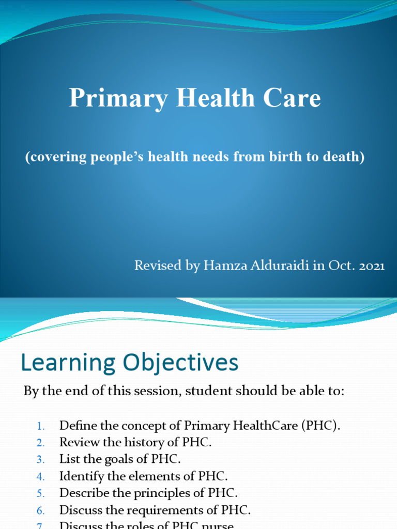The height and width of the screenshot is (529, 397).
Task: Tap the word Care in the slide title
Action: click(x=294, y=98)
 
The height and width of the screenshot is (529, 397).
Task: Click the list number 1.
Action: click(x=41, y=427)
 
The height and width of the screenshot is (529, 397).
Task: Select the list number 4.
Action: click(x=41, y=476)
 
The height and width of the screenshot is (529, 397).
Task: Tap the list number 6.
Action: click(x=41, y=510)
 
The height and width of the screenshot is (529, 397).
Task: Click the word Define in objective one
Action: click(x=76, y=426)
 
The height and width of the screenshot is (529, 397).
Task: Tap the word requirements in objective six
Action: click(x=158, y=510)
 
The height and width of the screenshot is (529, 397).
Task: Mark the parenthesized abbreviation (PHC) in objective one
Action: click(x=323, y=426)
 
